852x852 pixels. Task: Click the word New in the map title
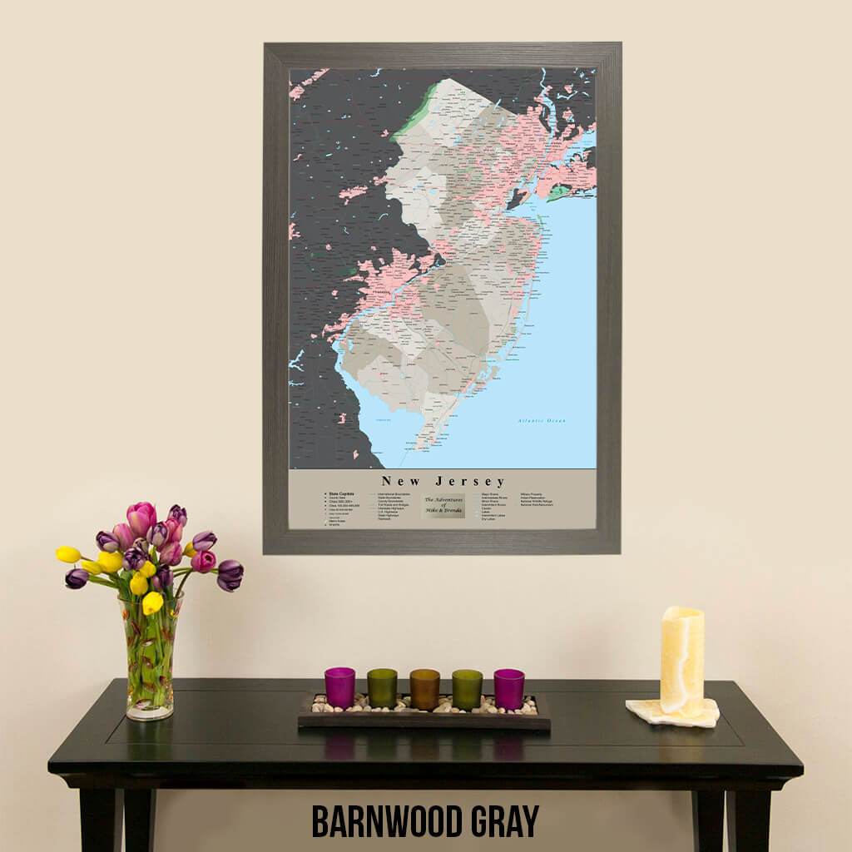(x=401, y=481)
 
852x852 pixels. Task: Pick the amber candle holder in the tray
(x=424, y=689)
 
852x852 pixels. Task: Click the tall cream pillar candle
(x=682, y=661)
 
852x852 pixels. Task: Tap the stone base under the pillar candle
(x=672, y=714)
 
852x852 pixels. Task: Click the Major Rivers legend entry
(x=489, y=493)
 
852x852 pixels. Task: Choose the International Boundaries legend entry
(x=398, y=493)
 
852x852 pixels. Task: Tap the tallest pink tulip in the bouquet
(x=141, y=518)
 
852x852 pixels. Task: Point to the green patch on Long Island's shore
(x=558, y=192)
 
